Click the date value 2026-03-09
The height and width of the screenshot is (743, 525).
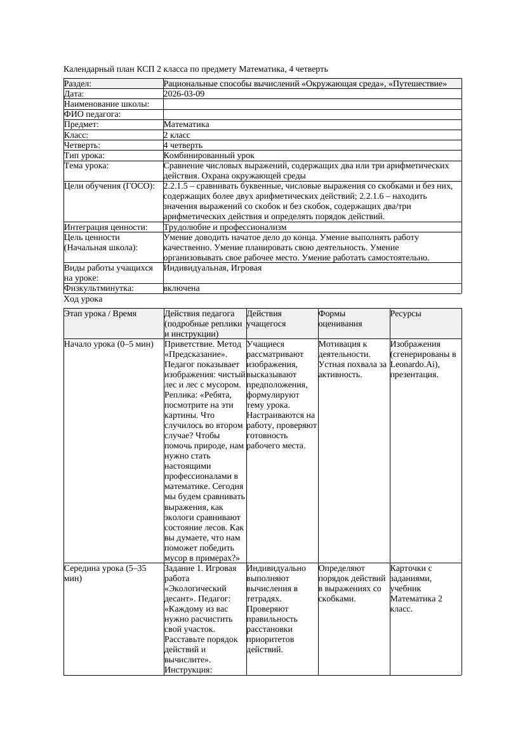[183, 93]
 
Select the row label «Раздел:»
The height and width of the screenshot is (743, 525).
[77, 83]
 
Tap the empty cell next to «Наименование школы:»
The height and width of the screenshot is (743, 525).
[312, 104]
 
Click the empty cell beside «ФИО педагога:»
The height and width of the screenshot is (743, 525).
[312, 114]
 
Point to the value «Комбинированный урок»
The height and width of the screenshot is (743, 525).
[209, 155]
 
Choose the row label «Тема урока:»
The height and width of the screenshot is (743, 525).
[86, 166]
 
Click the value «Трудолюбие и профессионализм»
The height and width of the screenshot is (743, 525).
[225, 227]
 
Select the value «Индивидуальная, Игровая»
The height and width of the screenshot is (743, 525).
[212, 268]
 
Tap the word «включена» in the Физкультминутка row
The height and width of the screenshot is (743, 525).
[182, 288]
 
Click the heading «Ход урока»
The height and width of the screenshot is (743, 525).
[83, 298]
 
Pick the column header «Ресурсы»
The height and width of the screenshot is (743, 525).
[406, 314]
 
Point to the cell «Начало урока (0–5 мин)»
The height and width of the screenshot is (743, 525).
[109, 344]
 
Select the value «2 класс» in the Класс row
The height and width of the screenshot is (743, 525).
[177, 135]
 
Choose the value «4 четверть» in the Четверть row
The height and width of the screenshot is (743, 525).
[182, 145]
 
